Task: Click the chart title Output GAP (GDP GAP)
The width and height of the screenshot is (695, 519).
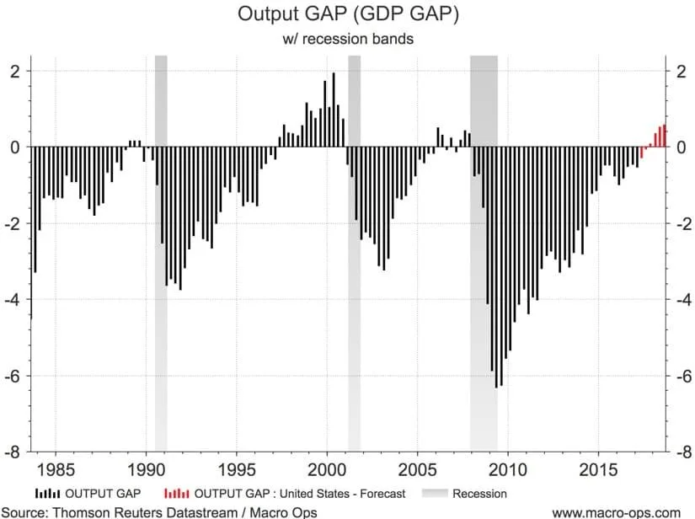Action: point(347,15)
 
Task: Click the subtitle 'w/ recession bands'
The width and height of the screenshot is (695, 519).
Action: point(347,39)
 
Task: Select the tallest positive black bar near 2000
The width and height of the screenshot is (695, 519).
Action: point(334,110)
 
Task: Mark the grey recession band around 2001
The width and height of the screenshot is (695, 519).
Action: point(355,253)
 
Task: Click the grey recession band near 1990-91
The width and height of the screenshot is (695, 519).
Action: point(161,253)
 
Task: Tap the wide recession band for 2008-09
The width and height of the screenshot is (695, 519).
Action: point(484,253)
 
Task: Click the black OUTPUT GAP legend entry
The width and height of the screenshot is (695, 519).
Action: point(88,494)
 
